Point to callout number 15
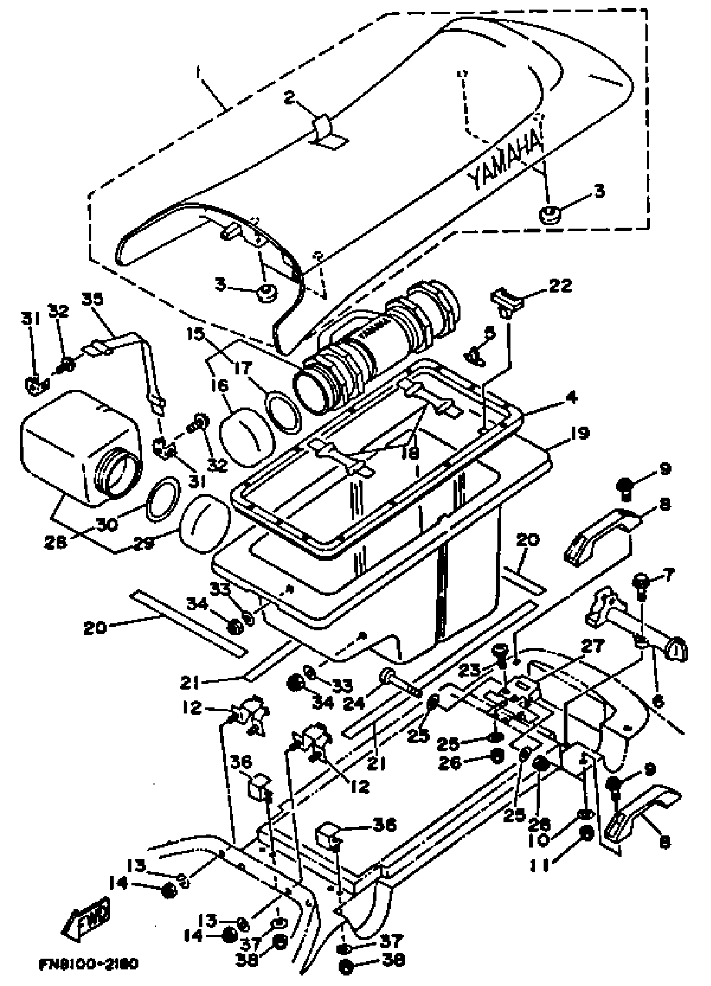[x=195, y=334]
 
